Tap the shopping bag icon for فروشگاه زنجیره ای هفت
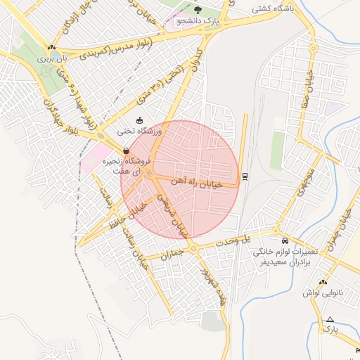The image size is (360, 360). coord(126,150)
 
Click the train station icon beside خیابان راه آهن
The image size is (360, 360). coord(245,176)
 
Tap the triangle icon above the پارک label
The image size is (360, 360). coord(330,319)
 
